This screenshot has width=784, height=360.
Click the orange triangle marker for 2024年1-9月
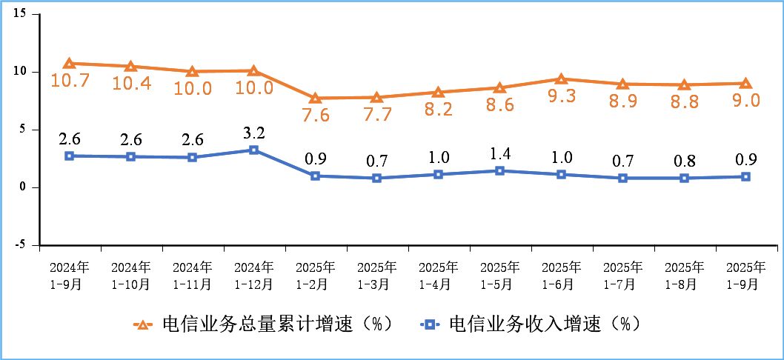pyautogui.click(x=69, y=64)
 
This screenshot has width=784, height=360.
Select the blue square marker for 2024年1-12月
pyautogui.click(x=253, y=150)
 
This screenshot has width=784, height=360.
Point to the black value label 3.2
pyautogui.click(x=253, y=133)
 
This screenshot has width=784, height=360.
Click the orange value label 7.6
pyautogui.click(x=315, y=116)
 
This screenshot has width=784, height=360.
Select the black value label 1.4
pyautogui.click(x=499, y=154)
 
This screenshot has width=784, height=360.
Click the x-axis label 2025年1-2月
pyautogui.click(x=315, y=275)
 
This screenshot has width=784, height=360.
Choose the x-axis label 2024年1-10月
pyautogui.click(x=130, y=275)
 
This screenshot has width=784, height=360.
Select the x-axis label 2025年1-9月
pyautogui.click(x=745, y=275)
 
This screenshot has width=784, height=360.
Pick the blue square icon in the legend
pyautogui.click(x=429, y=324)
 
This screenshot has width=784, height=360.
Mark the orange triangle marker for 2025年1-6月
pyautogui.click(x=561, y=79)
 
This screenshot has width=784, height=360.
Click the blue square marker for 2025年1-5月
pyautogui.click(x=499, y=170)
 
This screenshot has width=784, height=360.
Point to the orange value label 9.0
pyautogui.click(x=745, y=101)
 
